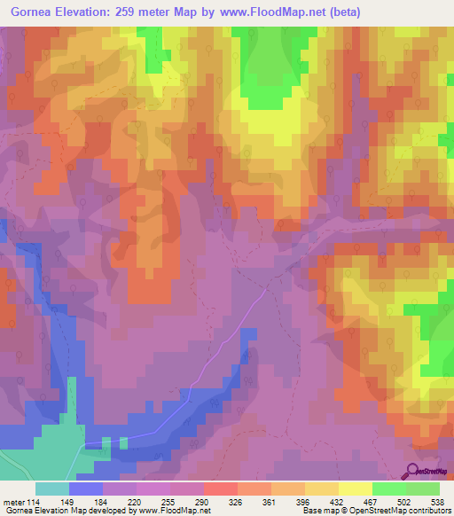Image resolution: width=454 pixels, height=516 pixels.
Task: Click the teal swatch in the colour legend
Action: pos(52,489)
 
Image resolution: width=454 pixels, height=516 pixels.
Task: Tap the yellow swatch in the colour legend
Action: pos(355,489)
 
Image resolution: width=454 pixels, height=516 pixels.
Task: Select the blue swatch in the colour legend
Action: pos(86,489)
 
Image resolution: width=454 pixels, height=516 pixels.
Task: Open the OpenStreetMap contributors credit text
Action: pos(401,511)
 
